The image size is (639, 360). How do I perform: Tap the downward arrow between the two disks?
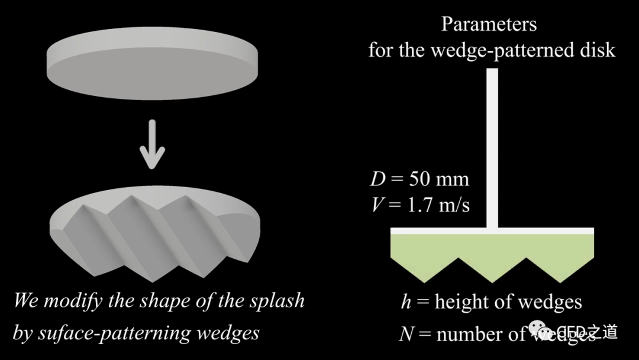pos(152,144)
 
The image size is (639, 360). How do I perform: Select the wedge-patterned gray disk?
pos(157,234)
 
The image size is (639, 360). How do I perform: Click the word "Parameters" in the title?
pos(489,24)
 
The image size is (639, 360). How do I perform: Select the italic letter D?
pos(377,179)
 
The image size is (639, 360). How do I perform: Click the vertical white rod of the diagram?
pos(492,148)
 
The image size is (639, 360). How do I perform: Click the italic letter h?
pos(406,302)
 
